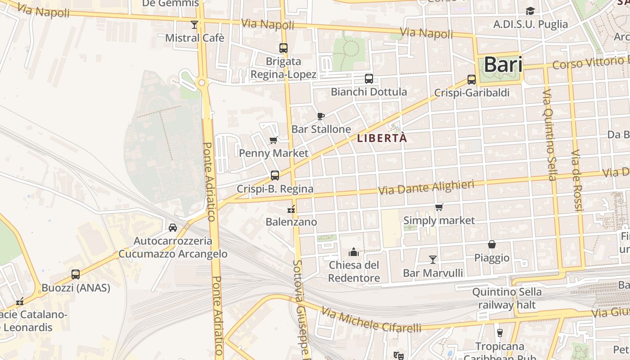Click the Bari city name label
point(503,65)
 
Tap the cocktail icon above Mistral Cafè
point(194,24)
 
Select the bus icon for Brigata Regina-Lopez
point(283,48)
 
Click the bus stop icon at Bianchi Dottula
point(369,79)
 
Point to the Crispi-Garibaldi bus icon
point(472,80)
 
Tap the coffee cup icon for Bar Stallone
point(321,116)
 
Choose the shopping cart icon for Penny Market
point(274,140)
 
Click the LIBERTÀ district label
point(382,139)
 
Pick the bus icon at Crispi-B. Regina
point(275,175)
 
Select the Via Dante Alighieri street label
point(426,188)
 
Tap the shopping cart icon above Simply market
point(439,207)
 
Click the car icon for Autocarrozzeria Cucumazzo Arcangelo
point(173,228)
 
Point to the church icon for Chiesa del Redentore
point(354,252)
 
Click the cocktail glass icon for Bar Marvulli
point(433,259)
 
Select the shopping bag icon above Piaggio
point(492,244)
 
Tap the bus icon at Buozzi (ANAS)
point(76,274)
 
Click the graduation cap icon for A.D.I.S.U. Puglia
point(531,11)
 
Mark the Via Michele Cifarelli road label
point(371,320)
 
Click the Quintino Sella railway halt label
point(507,298)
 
